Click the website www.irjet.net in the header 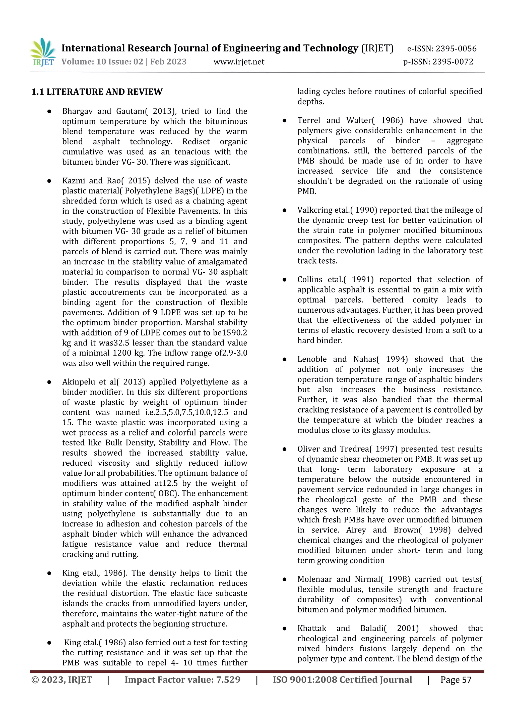pos(239,62)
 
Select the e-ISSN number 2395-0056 pos(456,49)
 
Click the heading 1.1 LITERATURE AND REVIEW pos(97,92)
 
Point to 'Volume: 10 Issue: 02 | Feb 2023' pos(124,62)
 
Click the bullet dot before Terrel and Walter pos(284,120)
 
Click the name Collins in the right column pos(310,280)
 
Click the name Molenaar pos(314,579)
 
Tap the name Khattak pos(312,628)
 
